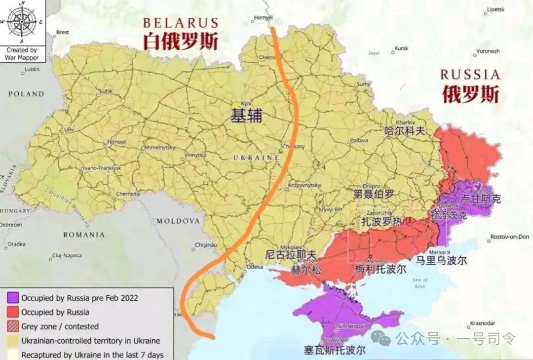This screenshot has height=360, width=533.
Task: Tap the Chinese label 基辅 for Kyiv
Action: click(x=246, y=116)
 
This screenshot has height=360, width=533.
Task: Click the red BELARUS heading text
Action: click(x=181, y=23)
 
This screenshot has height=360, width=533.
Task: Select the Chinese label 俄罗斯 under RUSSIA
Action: click(x=470, y=93)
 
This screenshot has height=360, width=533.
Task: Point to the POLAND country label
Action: click(x=26, y=94)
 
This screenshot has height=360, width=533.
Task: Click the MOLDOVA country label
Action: click(x=178, y=221)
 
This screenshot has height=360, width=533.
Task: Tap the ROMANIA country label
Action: click(x=84, y=235)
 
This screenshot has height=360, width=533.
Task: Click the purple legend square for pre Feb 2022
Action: click(x=13, y=298)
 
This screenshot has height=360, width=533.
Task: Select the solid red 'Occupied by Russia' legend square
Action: click(x=13, y=312)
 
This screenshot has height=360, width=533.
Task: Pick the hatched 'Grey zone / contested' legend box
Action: click(x=13, y=326)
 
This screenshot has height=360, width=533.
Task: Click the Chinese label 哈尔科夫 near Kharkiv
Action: click(x=404, y=131)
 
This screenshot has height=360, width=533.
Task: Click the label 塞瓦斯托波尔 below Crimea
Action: click(x=336, y=350)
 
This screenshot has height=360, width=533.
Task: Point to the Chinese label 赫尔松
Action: click(x=292, y=270)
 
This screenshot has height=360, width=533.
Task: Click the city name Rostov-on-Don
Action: click(x=509, y=237)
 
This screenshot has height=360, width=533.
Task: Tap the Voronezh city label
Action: click(x=488, y=51)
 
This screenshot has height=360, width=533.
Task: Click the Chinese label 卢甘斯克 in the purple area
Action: click(x=480, y=199)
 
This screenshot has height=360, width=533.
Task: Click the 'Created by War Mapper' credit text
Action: click(x=21, y=53)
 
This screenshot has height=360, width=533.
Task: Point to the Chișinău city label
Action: click(x=206, y=244)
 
